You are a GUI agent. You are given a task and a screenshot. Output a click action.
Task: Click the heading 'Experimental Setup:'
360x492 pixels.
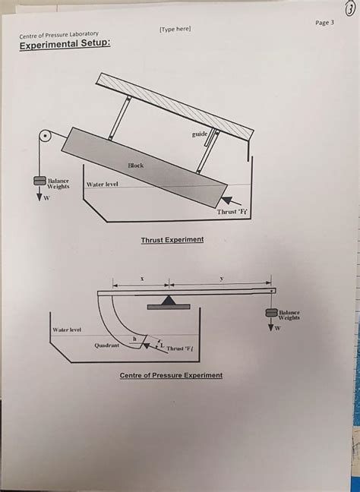click(x=65, y=46)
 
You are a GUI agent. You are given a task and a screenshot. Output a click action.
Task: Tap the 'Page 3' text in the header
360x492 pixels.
click(x=324, y=23)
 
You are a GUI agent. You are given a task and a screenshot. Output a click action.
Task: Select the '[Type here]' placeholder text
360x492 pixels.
click(x=175, y=29)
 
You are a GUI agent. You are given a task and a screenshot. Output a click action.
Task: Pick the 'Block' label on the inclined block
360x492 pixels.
click(x=135, y=165)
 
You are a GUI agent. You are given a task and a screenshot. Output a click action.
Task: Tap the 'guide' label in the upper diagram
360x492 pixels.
click(x=200, y=134)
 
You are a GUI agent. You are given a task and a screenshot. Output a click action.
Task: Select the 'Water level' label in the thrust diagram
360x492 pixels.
click(x=106, y=185)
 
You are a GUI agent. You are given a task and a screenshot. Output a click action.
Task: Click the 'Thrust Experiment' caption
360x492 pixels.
click(x=172, y=240)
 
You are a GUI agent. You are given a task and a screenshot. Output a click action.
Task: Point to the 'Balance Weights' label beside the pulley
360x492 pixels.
click(x=58, y=184)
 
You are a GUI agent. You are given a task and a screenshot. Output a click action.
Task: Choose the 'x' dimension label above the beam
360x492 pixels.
click(x=141, y=279)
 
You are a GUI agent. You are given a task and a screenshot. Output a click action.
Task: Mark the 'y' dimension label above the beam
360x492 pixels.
click(x=221, y=279)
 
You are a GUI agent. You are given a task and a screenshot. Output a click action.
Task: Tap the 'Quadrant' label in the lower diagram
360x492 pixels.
click(x=106, y=345)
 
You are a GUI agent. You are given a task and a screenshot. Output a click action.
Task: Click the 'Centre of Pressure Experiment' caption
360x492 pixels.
click(x=171, y=376)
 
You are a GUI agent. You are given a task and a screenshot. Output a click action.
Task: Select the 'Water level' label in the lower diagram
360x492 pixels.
click(x=68, y=330)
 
